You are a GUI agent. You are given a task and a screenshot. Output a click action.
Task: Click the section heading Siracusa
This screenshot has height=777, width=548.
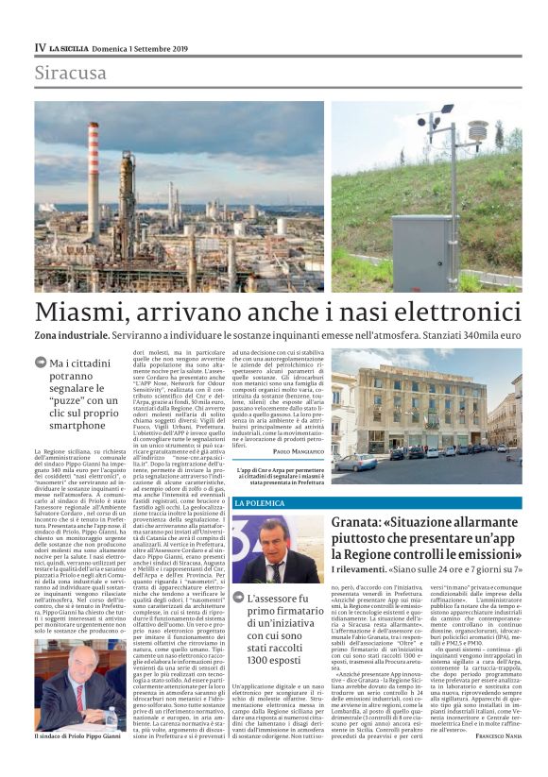point(70,73)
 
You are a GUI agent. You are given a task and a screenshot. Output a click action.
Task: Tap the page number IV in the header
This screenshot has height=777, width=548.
point(40,47)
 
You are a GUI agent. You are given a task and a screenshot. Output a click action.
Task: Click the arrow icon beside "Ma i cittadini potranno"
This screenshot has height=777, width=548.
point(41,363)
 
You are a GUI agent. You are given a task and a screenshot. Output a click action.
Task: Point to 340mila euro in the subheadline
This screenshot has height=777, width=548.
point(490,335)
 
